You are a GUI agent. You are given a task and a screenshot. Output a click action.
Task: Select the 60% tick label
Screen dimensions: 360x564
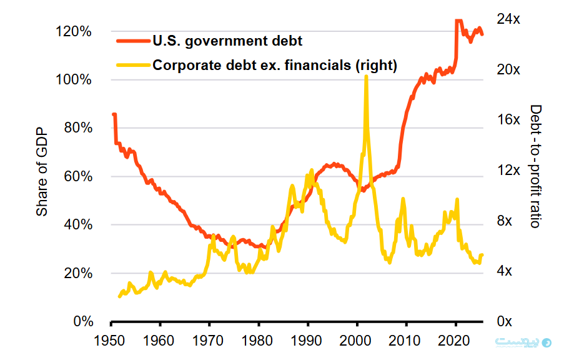(x=79, y=177)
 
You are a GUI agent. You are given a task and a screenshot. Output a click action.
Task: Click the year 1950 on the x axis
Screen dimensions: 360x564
(x=111, y=342)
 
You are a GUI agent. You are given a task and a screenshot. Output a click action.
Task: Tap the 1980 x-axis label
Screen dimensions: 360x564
(x=258, y=342)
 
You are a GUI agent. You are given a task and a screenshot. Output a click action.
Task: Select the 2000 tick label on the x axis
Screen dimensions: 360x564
(x=357, y=342)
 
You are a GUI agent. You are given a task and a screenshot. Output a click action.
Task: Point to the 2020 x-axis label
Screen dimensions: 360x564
(x=455, y=342)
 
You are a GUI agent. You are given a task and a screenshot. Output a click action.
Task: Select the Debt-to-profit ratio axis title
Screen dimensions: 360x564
(x=535, y=166)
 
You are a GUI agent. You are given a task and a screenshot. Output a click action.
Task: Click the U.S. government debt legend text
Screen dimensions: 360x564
(x=227, y=42)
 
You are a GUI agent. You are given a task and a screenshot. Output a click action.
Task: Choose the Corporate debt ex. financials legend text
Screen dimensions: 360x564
(x=275, y=65)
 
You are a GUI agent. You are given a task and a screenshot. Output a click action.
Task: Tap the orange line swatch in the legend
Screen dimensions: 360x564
(x=132, y=42)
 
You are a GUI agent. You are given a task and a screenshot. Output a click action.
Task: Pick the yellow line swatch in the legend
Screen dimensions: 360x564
(x=132, y=65)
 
